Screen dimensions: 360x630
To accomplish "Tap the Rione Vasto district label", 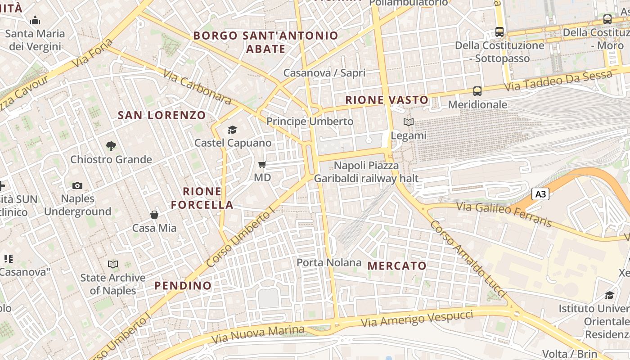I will pyautogui.click(x=387, y=100).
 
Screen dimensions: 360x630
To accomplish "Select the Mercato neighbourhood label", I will pyautogui.click(x=397, y=265).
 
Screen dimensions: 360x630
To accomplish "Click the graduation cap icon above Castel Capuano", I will pyautogui.click(x=232, y=130).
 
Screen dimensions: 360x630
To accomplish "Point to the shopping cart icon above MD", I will pyautogui.click(x=262, y=165).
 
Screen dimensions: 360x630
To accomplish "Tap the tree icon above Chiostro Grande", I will pyautogui.click(x=111, y=146).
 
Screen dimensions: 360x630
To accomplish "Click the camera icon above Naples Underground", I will pyautogui.click(x=77, y=185).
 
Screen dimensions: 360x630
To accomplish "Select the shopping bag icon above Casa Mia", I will pyautogui.click(x=154, y=215).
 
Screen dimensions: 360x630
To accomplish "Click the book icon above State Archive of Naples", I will pyautogui.click(x=113, y=264).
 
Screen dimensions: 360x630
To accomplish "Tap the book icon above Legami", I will pyautogui.click(x=409, y=122).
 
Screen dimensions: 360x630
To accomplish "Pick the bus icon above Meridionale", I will pyautogui.click(x=477, y=91).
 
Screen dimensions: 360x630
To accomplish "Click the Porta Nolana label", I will pyautogui.click(x=329, y=262).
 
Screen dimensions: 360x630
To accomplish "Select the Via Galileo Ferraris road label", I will pyautogui.click(x=504, y=214).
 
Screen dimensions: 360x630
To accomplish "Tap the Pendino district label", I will pyautogui.click(x=183, y=285).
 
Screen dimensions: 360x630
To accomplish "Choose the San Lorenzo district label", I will pyautogui.click(x=162, y=115).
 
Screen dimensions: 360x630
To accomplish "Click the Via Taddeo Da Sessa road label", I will pyautogui.click(x=558, y=81).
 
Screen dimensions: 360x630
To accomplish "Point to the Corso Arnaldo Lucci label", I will pyautogui.click(x=468, y=259).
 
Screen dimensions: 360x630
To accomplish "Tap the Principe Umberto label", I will pyautogui.click(x=310, y=121).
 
